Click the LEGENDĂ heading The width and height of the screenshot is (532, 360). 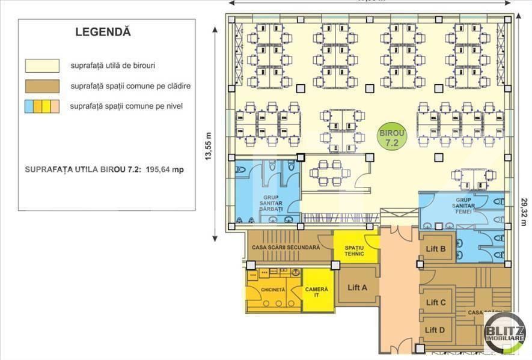(103, 32)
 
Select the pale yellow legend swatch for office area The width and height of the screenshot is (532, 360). (42, 65)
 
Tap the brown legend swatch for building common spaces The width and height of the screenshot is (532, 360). (42, 86)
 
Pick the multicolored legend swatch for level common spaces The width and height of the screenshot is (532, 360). (42, 107)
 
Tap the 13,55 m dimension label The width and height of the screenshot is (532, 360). (209, 146)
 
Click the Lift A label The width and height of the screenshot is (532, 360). (357, 287)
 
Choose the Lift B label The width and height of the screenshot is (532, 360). (435, 249)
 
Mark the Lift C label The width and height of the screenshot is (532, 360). (435, 302)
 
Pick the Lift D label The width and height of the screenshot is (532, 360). (435, 329)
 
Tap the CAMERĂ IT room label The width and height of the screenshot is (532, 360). (317, 293)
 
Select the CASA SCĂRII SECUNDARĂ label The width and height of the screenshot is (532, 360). (290, 247)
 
